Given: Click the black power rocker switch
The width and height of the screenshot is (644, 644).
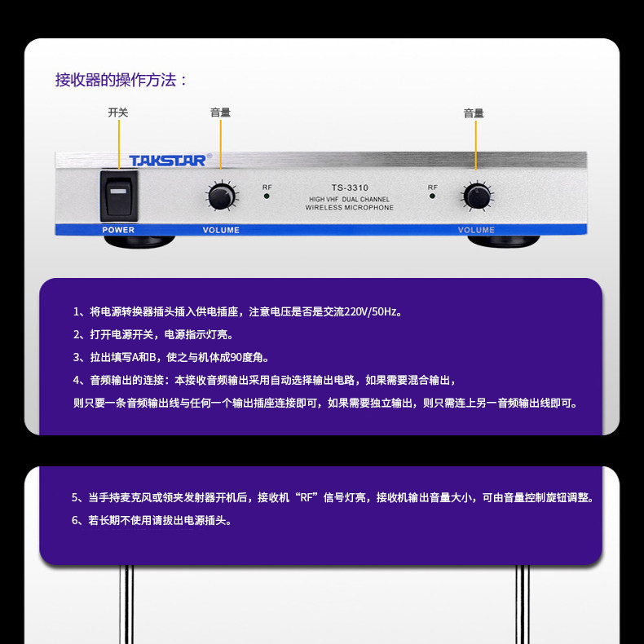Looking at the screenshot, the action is point(119,196).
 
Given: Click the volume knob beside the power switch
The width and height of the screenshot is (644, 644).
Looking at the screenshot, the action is point(222,196).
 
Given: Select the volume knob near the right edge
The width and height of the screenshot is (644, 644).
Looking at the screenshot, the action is point(477,196).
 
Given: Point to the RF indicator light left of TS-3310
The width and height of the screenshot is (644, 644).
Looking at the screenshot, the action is point(267,196).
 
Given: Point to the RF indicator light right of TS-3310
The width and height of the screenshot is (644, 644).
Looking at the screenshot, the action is point(432,196).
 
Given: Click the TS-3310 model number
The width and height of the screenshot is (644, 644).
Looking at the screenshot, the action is point(350,187).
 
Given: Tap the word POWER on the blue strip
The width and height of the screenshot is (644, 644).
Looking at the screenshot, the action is point(118,230).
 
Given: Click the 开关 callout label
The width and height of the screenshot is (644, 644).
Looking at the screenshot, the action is point(118,112).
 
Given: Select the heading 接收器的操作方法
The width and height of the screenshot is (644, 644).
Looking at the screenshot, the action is point(121,80).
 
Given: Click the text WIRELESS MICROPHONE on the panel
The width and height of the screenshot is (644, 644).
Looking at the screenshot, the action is point(349,208).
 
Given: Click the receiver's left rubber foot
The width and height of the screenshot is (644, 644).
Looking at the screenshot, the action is point(139,241).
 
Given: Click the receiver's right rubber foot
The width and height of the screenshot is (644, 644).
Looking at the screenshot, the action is point(504,241).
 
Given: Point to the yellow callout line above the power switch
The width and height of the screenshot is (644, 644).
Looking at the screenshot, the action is point(119,144).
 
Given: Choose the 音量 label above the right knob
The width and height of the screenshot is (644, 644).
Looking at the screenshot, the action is point(474,113).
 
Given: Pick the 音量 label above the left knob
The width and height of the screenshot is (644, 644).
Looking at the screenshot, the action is point(221,112).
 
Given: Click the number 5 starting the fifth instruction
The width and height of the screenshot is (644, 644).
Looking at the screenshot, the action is point(75,498).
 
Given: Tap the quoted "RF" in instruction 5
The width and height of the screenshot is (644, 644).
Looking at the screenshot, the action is point(307,498).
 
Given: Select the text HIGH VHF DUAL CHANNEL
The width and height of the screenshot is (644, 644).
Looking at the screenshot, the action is point(349,199).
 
